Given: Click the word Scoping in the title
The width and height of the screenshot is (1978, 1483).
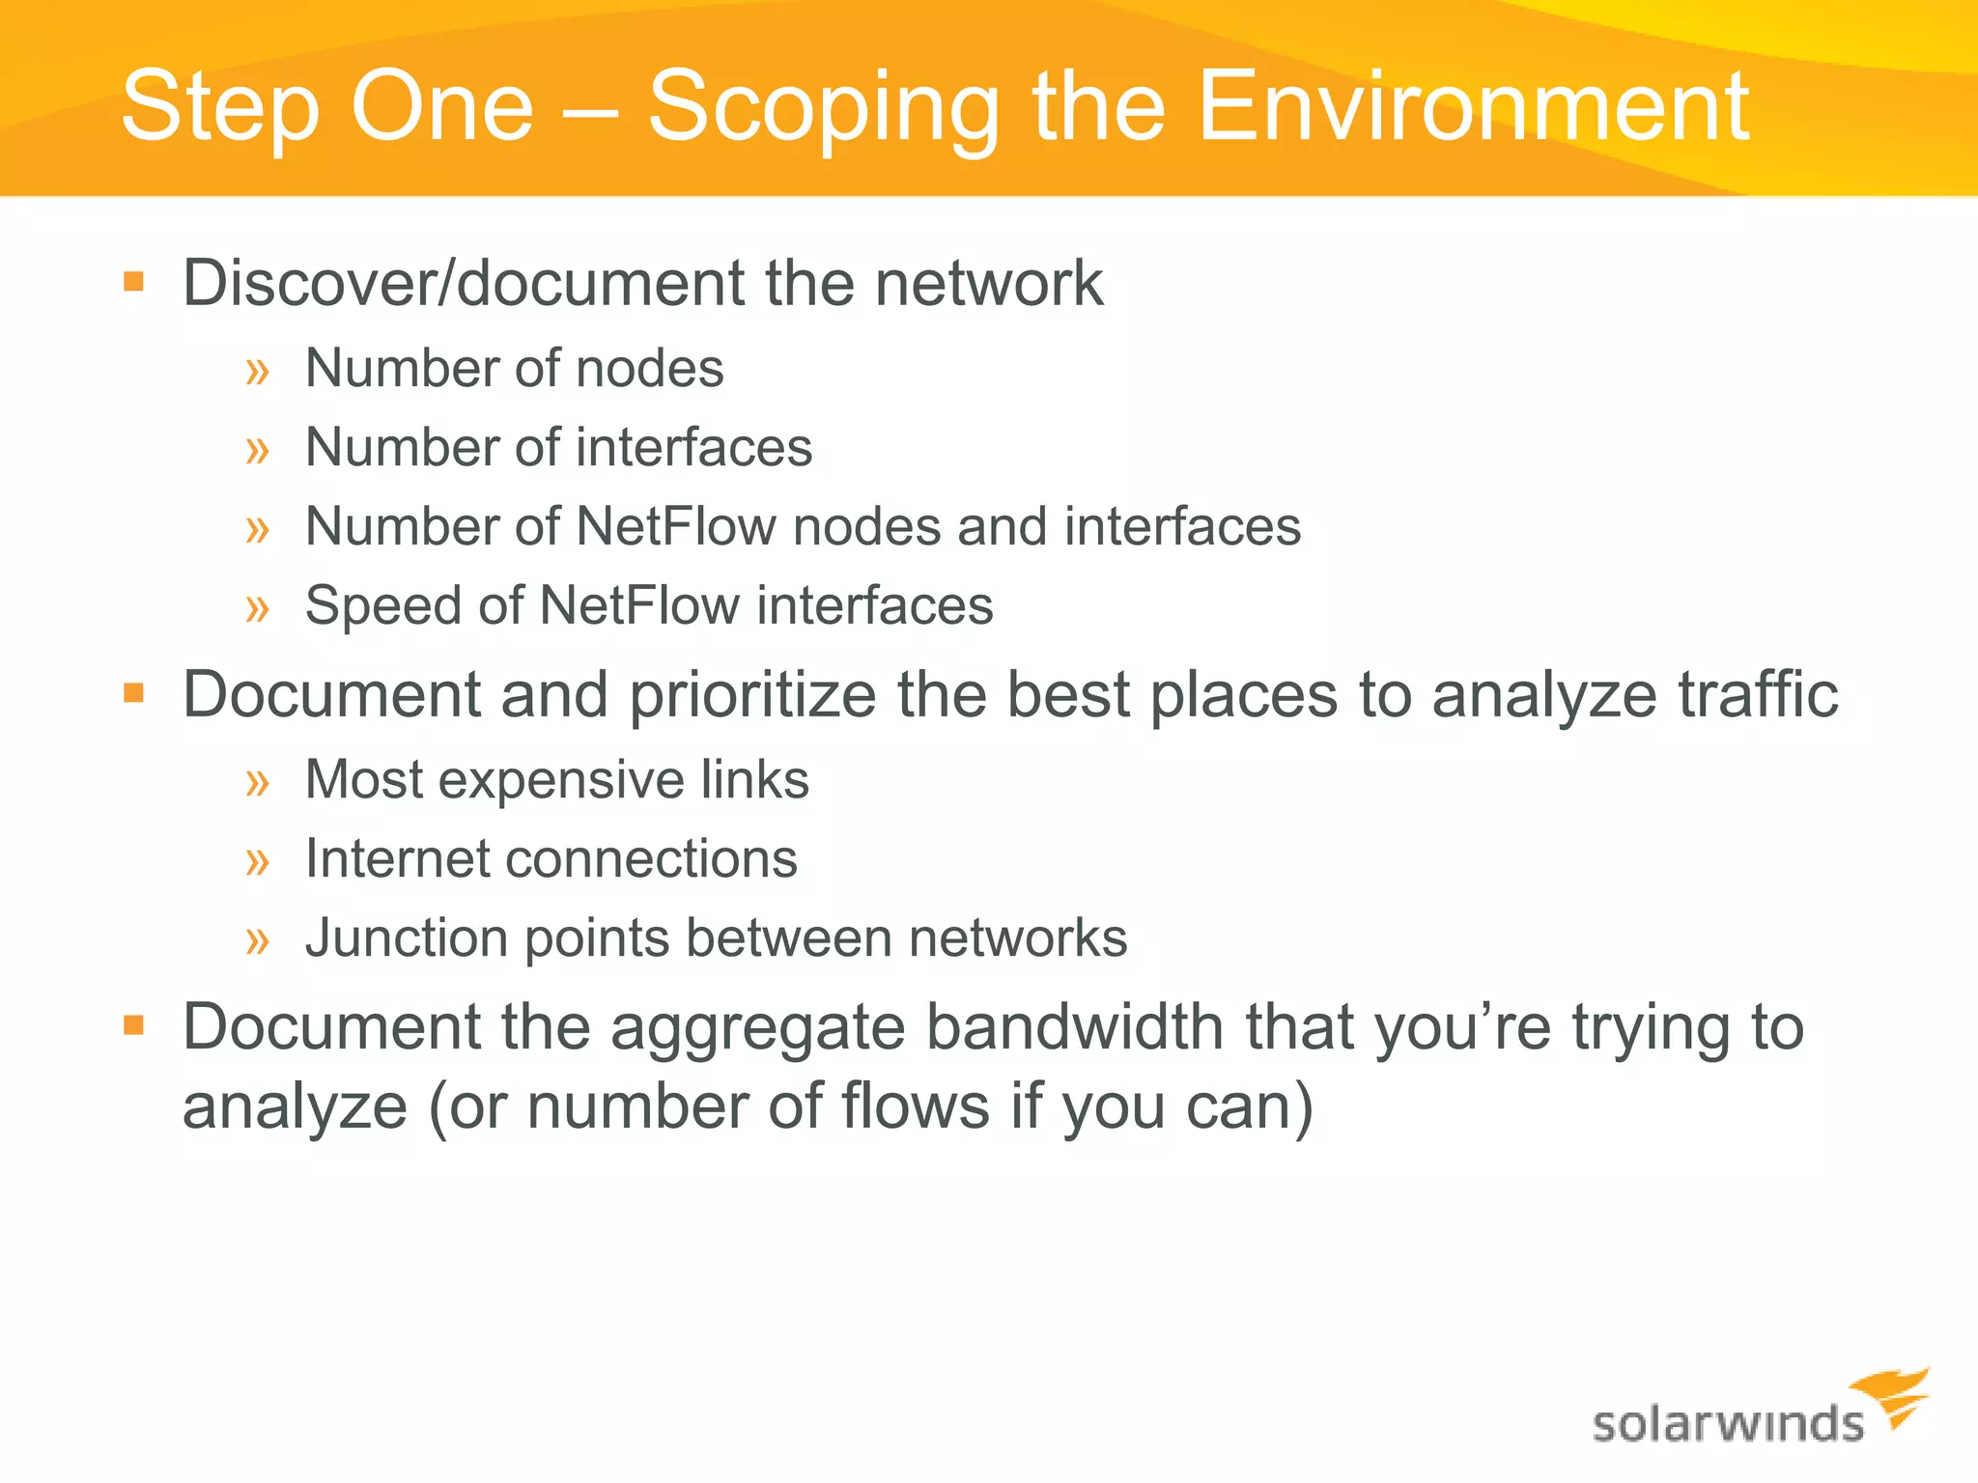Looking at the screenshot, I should click(823, 108).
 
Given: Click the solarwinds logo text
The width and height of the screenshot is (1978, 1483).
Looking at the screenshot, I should click(1727, 1424).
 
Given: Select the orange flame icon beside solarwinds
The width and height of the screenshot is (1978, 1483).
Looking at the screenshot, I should click(1893, 1396).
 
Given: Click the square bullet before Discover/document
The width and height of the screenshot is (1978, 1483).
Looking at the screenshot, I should click(133, 283).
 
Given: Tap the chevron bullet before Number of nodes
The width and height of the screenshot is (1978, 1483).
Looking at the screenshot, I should click(257, 370).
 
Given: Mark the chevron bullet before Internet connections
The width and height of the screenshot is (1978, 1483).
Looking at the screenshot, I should click(257, 859).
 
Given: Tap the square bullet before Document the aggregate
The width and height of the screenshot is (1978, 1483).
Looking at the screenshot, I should click(133, 1025).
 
